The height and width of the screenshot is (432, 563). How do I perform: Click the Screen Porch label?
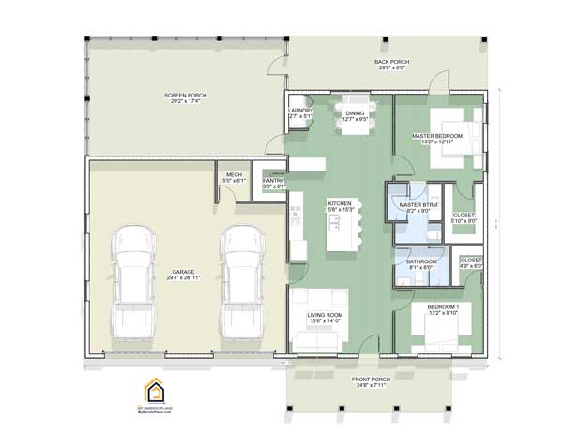pyautogui.click(x=185, y=97)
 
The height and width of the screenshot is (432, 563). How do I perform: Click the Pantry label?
pyautogui.click(x=273, y=182)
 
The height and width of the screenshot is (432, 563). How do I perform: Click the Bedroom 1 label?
pyautogui.click(x=443, y=309)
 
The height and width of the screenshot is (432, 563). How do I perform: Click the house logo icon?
pyautogui.click(x=153, y=391)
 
